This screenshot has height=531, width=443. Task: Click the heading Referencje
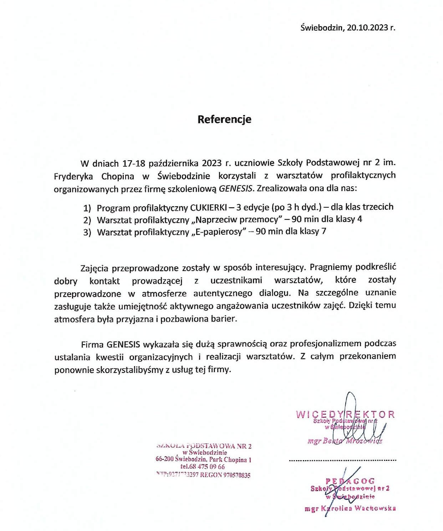click(224, 119)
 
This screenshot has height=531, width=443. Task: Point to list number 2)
click(87, 220)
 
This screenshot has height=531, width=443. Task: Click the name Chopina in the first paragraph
click(118, 176)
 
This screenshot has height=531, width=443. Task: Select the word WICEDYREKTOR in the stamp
click(345, 415)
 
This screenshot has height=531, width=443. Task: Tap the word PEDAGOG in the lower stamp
click(350, 481)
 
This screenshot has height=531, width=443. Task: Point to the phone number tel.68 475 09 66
click(203, 467)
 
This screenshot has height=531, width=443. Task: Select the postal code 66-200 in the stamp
click(164, 459)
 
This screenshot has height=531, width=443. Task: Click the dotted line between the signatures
click(342, 461)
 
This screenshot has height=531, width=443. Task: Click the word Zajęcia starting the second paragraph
click(95, 267)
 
